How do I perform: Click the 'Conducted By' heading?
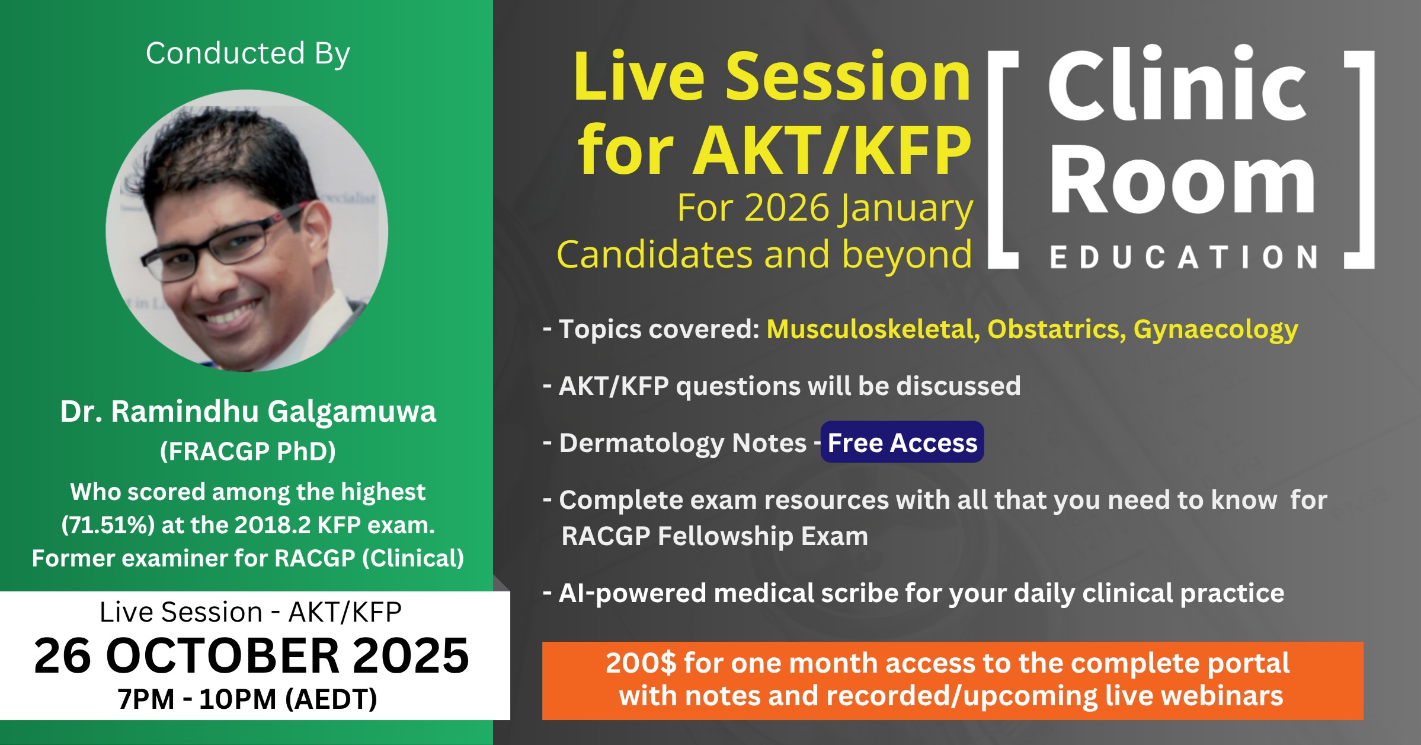tap(248, 54)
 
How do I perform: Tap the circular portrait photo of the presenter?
tap(247, 231)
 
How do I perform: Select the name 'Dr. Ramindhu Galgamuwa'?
tap(248, 411)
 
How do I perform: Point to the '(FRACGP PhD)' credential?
tap(248, 451)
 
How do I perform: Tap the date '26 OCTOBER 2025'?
tap(251, 655)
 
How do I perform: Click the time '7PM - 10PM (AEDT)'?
tap(247, 699)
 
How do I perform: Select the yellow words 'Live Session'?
tap(772, 77)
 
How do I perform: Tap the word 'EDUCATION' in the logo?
tap(1183, 257)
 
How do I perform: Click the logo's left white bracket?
tap(996, 160)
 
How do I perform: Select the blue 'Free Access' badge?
tap(902, 442)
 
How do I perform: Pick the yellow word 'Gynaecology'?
tap(1215, 330)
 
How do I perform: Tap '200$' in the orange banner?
tap(641, 663)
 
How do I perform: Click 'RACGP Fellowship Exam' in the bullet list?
tap(715, 536)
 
